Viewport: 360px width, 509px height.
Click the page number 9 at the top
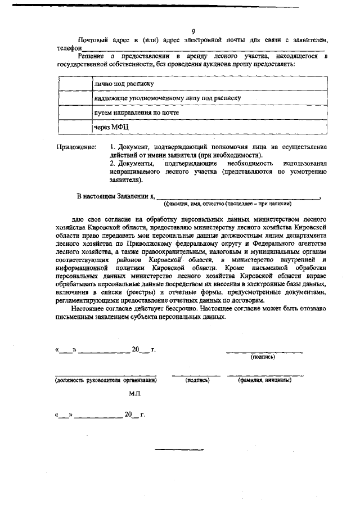tap(193, 31)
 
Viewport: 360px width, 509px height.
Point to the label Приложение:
tap(76, 147)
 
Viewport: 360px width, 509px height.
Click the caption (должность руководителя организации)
tap(106, 380)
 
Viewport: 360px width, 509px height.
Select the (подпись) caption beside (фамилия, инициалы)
tap(197, 380)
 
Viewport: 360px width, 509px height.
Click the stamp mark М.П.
tap(135, 394)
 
